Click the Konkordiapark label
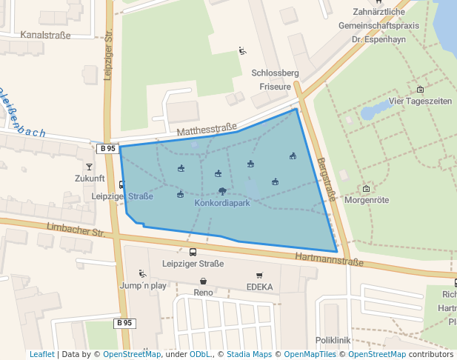pyautogui.click(x=222, y=203)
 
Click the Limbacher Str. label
pyautogui.click(x=76, y=231)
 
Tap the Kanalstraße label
pyautogui.click(x=45, y=35)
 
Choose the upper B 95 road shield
pyautogui.click(x=107, y=148)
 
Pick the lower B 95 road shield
pyautogui.click(x=124, y=323)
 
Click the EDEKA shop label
pyautogui.click(x=259, y=287)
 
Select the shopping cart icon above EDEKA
pyautogui.click(x=259, y=276)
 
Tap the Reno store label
pyautogui.click(x=203, y=293)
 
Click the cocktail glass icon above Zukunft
pyautogui.click(x=90, y=168)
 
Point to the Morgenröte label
pyautogui.click(x=366, y=200)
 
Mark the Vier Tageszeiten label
pyautogui.click(x=420, y=101)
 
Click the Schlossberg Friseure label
pyautogui.click(x=275, y=79)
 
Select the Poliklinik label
pyautogui.click(x=332, y=340)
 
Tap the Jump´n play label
pyautogui.click(x=142, y=285)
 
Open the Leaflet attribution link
pyautogui.click(x=41, y=354)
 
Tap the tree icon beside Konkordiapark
pyautogui.click(x=222, y=191)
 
